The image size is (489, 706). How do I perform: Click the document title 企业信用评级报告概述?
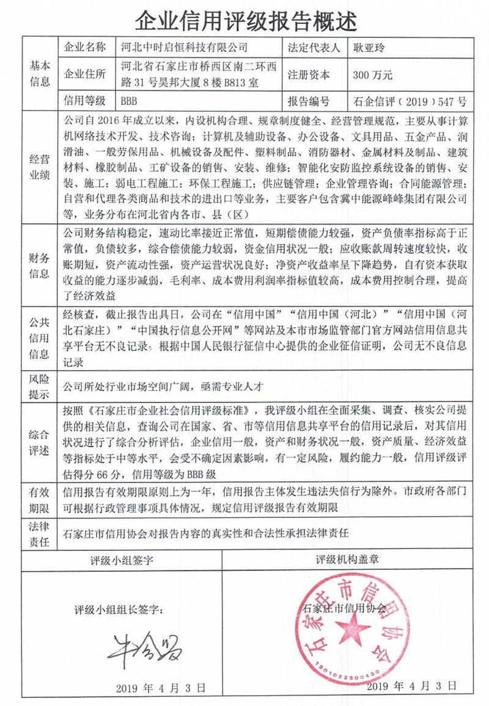click(244, 21)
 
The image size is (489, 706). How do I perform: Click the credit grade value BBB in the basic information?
click(131, 101)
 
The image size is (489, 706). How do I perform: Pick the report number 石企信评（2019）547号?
click(410, 101)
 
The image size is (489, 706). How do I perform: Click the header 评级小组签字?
click(122, 559)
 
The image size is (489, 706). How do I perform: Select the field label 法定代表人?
click(312, 47)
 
